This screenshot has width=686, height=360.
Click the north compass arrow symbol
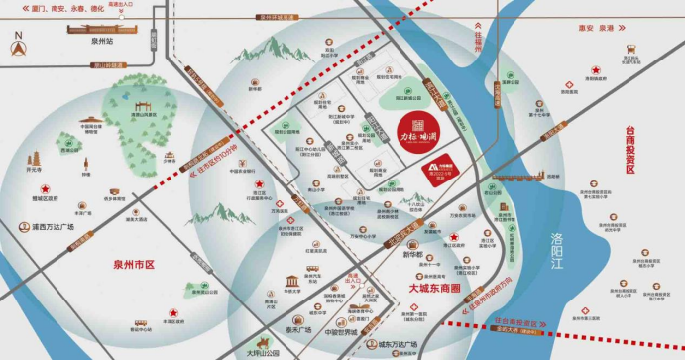coord(17,43)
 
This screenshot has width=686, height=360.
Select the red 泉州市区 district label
coord(135,265)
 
